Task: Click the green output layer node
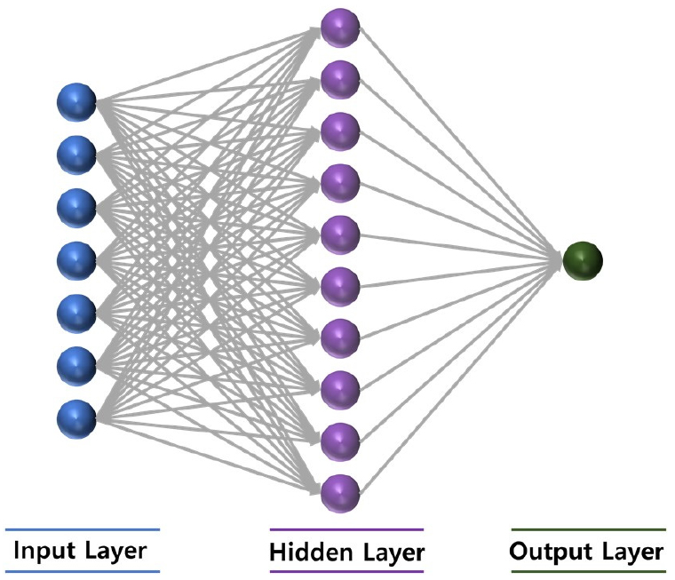[583, 260]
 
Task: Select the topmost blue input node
[76, 102]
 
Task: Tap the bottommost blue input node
[76, 418]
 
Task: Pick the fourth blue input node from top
[76, 260]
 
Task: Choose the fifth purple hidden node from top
[340, 234]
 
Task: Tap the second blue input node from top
[76, 155]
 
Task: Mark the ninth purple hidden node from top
[340, 441]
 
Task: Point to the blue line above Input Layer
[82, 529]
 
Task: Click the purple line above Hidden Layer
[346, 530]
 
